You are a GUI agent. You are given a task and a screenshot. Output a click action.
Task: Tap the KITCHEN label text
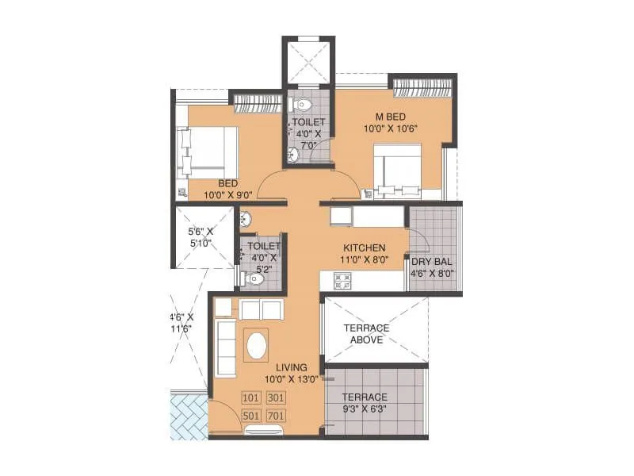tap(365, 248)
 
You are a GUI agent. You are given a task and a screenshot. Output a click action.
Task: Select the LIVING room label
tap(292, 367)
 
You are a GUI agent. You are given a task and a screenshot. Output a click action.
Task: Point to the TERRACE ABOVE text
tap(365, 334)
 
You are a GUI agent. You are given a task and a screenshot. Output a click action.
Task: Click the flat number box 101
tap(251, 397)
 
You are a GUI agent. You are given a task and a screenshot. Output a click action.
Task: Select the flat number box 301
tap(276, 397)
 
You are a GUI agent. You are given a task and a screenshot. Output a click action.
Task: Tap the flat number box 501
tap(251, 415)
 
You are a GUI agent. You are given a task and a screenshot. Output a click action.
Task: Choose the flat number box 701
tap(276, 415)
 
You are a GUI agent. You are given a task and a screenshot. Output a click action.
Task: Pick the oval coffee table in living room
tap(258, 346)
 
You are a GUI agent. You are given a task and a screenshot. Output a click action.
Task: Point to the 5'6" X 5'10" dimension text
tap(201, 237)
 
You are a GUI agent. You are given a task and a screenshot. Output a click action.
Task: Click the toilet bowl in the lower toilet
tap(256, 278)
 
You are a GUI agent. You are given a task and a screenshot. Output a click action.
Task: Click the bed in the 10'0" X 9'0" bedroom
tap(211, 150)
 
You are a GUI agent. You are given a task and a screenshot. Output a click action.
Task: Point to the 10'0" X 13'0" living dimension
tap(292, 379)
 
